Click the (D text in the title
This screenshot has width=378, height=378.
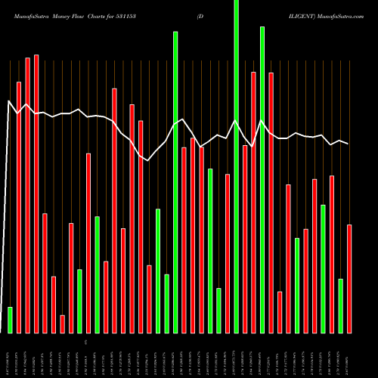pos(200,14)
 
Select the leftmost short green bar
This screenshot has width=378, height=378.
pos(10,320)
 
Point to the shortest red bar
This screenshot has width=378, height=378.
pos(62,324)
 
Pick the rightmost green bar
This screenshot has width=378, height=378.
pos(340,305)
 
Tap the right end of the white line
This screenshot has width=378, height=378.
pos(349,144)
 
